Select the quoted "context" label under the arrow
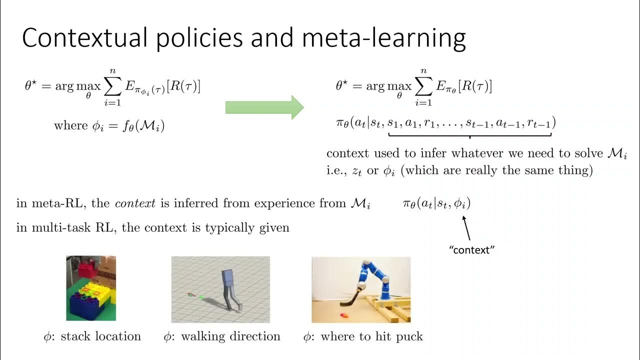[x=472, y=249]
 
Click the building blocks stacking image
[x=91, y=288]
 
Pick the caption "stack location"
[x=101, y=336]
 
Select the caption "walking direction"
[x=230, y=336]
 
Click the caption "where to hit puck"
[x=371, y=336]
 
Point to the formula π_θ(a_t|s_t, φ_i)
[x=436, y=203]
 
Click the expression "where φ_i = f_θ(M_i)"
[x=109, y=125]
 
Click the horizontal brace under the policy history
[x=469, y=135]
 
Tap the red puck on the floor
[x=344, y=315]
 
